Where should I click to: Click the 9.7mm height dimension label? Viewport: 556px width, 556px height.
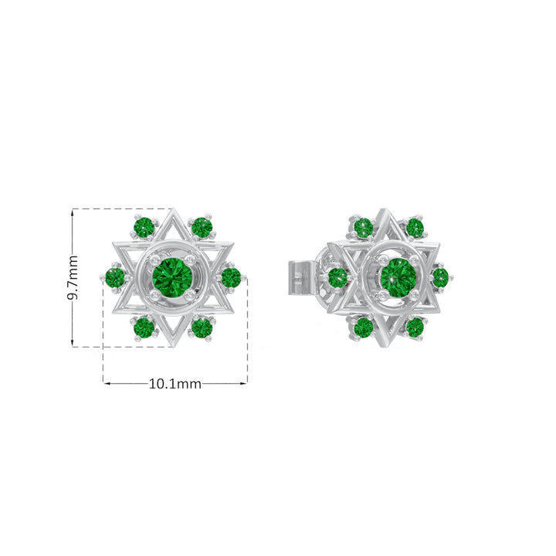pyautogui.click(x=73, y=277)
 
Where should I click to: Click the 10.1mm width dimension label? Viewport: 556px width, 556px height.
pyautogui.click(x=175, y=384)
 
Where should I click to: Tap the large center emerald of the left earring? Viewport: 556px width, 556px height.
pyautogui.click(x=172, y=278)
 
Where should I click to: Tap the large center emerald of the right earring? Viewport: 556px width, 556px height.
pyautogui.click(x=398, y=278)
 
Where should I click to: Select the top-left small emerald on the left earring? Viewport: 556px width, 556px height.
pyautogui.click(x=144, y=227)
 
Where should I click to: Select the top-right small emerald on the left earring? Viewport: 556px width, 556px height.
pyautogui.click(x=202, y=227)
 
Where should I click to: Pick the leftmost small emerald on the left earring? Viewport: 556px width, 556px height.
pyautogui.click(x=115, y=278)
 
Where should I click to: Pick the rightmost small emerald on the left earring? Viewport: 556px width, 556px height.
pyautogui.click(x=231, y=277)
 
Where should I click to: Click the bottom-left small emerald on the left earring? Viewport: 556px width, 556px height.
pyautogui.click(x=144, y=327)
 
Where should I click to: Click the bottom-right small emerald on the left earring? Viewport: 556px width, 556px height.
pyautogui.click(x=202, y=327)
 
